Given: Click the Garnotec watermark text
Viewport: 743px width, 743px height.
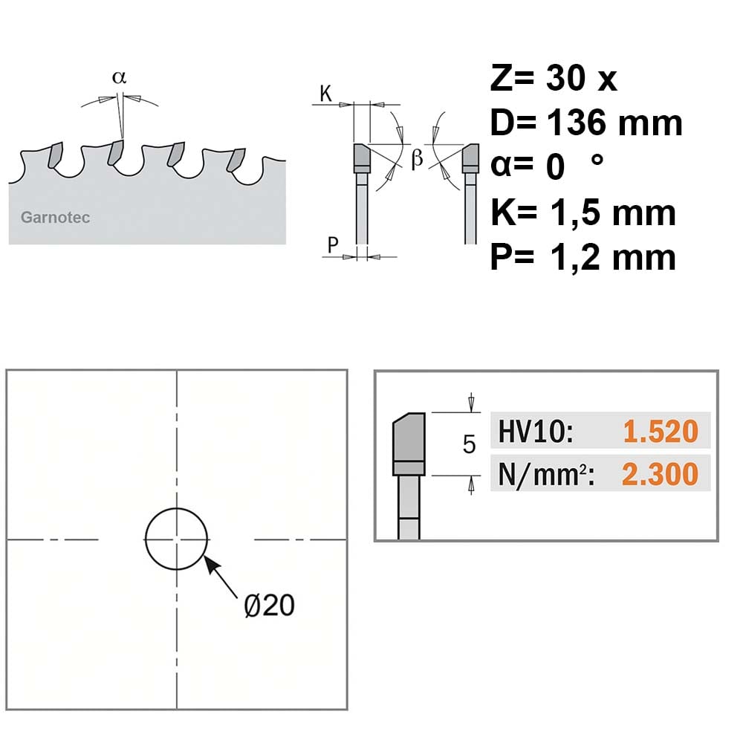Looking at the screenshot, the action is (x=55, y=218).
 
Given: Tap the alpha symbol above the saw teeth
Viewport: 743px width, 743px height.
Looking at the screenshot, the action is (x=120, y=77).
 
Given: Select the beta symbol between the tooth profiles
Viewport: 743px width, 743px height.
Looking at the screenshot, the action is (x=417, y=158).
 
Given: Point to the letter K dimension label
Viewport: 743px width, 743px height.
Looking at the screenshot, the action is (x=325, y=94).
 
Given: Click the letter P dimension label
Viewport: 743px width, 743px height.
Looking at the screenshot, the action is (x=333, y=245).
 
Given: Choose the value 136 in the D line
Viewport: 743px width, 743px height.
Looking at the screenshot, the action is (x=577, y=123).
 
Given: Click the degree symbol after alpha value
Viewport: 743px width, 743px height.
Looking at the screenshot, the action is (x=597, y=160).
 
